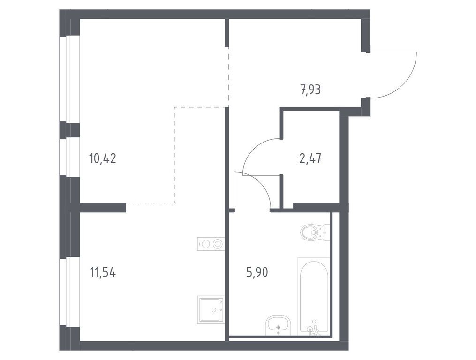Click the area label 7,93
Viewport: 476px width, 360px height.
click(x=310, y=89)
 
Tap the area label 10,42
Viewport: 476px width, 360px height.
click(x=102, y=158)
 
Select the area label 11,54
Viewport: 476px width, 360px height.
click(x=102, y=272)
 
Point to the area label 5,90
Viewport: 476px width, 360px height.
click(x=257, y=272)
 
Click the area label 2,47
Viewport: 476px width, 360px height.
click(x=310, y=158)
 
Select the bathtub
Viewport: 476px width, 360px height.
click(x=313, y=295)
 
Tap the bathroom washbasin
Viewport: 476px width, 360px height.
click(x=278, y=326)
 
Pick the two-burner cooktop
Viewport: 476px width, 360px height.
click(x=211, y=244)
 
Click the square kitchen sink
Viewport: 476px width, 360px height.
click(x=211, y=309)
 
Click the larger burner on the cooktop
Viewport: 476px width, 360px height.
click(x=217, y=244)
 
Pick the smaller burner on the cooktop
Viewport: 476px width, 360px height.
click(x=205, y=244)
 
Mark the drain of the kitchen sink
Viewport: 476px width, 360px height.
click(x=214, y=310)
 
